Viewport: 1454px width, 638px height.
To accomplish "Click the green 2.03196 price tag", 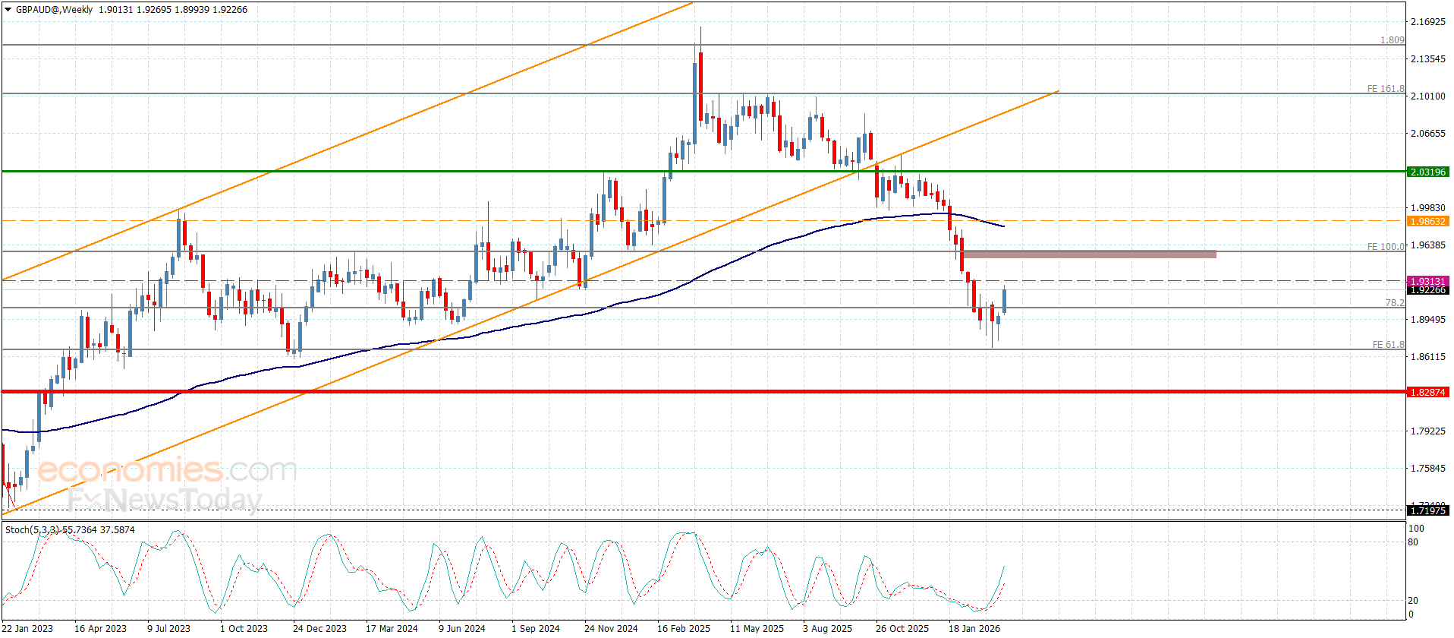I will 1427,172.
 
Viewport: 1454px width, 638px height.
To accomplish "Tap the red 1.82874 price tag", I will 1427,393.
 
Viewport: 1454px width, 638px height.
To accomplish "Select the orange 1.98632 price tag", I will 1427,222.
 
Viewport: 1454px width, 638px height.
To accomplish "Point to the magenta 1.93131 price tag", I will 1427,281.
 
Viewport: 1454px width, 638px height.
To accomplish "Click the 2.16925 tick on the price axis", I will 1427,22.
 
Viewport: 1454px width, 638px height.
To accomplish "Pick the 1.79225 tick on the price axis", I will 1427,431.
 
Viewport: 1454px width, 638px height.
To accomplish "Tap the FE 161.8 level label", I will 1385,89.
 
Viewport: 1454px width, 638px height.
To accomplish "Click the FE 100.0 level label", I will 1385,247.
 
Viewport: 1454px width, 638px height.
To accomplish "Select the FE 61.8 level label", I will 1388,345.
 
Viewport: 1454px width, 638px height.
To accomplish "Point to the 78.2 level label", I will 1394,303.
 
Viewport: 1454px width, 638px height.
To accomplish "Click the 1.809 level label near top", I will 1392,40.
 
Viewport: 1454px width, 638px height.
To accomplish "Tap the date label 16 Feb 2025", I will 684,628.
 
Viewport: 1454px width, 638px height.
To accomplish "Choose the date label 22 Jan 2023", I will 28,628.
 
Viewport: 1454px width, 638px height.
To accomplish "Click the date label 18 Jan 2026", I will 974,628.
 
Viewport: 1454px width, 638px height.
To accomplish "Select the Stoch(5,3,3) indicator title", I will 70,529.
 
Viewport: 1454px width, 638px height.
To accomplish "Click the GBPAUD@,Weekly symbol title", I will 54,10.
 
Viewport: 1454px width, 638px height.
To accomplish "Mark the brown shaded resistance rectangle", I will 1089,254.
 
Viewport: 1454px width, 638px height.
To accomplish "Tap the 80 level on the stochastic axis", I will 1413,542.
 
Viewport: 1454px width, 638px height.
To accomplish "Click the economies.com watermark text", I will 167,470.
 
